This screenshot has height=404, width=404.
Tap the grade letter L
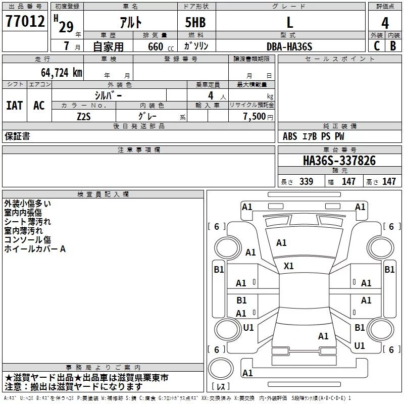pos(289,22)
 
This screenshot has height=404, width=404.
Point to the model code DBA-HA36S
pos(289,46)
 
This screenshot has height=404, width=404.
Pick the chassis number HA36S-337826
pos(339,161)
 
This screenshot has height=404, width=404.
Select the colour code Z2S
pos(84,116)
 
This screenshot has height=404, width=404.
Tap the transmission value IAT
pos(14,106)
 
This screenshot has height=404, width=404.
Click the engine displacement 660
pos(156,47)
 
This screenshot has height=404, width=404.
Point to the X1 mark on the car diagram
pos(289,266)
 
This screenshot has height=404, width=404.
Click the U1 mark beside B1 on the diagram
pos(360,346)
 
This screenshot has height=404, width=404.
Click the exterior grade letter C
pos(376,46)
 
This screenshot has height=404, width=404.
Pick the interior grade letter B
pos(393,46)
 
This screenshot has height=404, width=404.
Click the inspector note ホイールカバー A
pos(35,249)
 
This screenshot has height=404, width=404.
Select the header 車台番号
pos(339,150)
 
